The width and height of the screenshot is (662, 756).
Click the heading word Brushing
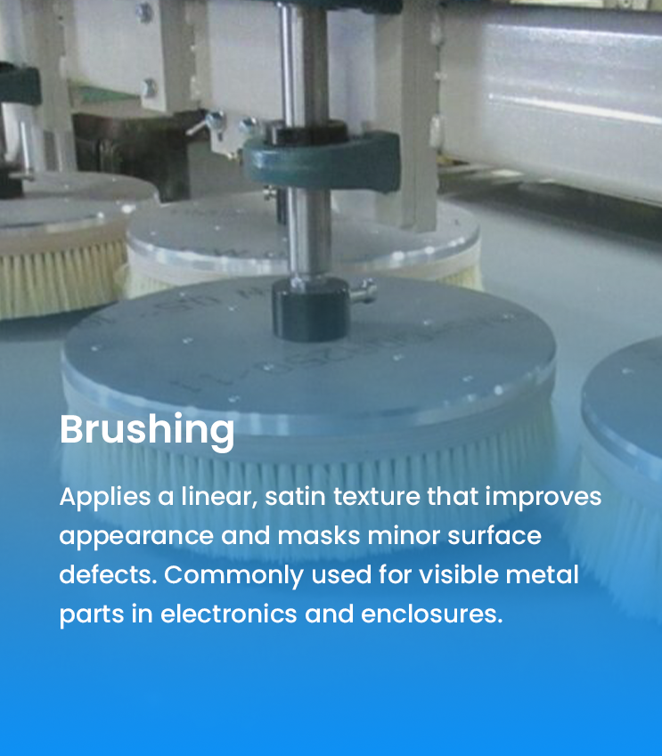(147, 430)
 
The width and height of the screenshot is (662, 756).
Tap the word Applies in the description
(105, 497)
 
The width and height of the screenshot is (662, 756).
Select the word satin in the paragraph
(295, 497)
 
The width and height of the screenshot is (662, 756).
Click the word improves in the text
(543, 498)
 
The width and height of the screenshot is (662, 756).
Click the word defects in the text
(108, 574)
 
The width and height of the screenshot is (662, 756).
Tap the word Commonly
(234, 576)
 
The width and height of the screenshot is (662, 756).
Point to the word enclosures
(432, 614)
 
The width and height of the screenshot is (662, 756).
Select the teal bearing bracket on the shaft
(321, 159)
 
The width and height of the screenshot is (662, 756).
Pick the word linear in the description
(219, 497)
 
